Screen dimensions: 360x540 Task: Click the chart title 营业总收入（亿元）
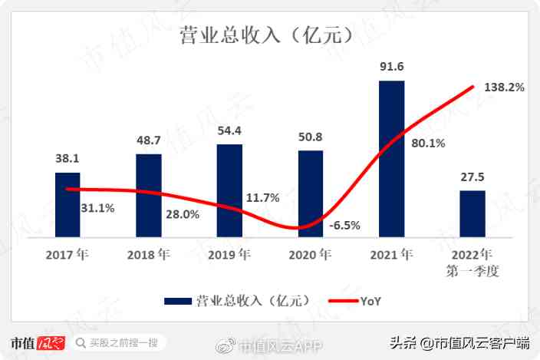270,35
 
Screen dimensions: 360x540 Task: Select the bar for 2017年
67,205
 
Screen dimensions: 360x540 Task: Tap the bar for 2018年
149,196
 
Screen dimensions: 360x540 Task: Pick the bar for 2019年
229,191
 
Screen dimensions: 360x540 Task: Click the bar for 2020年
311,194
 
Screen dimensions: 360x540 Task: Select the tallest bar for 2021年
391,159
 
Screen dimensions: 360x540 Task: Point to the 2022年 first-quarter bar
472,214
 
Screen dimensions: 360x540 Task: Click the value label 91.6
391,67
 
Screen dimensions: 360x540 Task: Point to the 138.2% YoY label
504,88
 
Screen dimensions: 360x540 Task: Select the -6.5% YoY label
344,226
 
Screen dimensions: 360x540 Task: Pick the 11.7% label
262,198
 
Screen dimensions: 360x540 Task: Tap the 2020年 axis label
311,254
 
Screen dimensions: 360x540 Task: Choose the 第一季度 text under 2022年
472,271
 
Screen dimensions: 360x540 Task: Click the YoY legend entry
354,302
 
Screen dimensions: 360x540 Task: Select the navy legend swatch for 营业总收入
177,302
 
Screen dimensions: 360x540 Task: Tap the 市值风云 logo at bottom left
38,342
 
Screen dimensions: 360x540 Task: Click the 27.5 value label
472,177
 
